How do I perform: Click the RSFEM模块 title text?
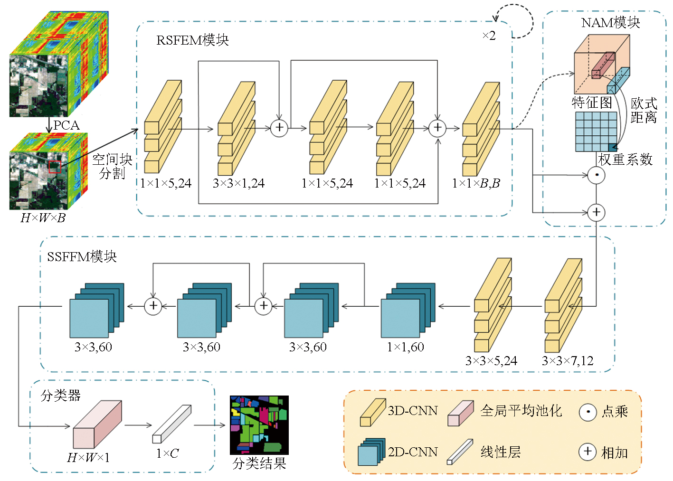point(192,40)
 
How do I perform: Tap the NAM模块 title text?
point(610,22)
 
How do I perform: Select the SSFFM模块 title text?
point(82,257)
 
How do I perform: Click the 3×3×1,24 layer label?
point(238,183)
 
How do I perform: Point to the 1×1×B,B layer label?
point(476,183)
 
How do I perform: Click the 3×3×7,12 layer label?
point(568,361)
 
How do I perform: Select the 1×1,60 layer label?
point(405,347)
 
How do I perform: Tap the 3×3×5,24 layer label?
point(491,361)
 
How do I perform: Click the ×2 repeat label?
point(489,36)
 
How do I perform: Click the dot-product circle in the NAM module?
point(596,175)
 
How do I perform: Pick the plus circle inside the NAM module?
point(596,212)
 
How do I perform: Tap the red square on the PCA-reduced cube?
point(55,167)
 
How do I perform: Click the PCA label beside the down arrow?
point(66,125)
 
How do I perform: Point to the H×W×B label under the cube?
point(43,218)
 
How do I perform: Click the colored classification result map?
point(259,425)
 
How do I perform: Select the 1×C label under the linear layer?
point(167,453)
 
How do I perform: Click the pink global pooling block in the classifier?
point(97,424)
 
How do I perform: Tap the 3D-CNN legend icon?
point(372,412)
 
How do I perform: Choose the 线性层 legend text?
point(501,452)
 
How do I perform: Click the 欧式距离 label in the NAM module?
point(644,110)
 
